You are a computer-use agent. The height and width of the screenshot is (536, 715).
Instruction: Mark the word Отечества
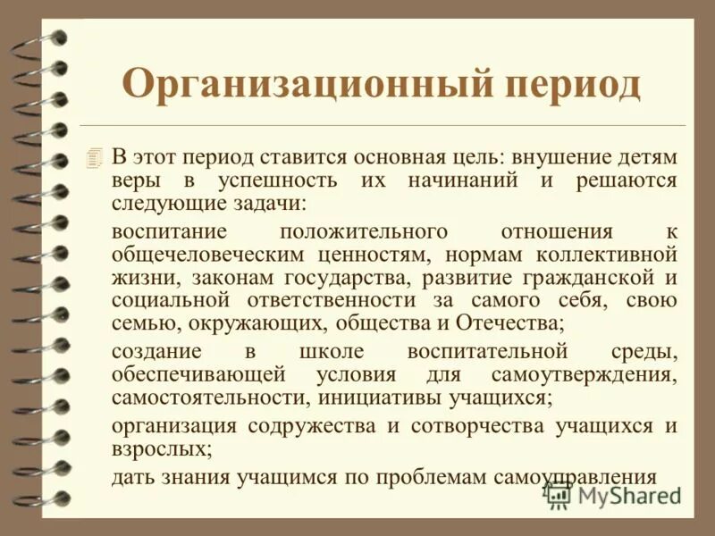(x=509, y=322)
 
